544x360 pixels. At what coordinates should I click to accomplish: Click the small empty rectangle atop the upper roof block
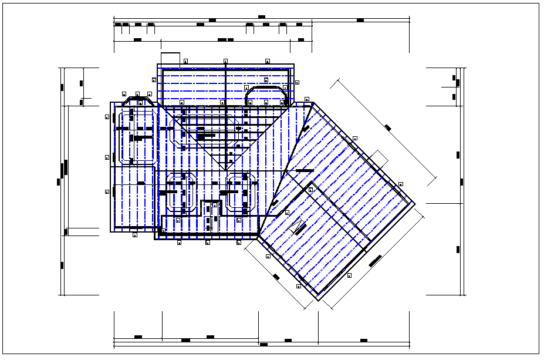[x=170, y=58]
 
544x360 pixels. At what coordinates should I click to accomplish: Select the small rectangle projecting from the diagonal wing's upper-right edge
[x=379, y=159]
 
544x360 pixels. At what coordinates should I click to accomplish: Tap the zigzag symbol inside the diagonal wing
[x=298, y=226]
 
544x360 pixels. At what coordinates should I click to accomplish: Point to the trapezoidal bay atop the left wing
[x=140, y=101]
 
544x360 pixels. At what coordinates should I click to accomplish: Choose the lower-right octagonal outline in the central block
[x=241, y=192]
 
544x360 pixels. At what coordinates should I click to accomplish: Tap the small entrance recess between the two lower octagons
[x=211, y=215]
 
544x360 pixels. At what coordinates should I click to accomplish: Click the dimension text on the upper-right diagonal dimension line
[x=388, y=127]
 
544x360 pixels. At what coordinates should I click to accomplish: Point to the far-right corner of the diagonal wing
[x=415, y=204]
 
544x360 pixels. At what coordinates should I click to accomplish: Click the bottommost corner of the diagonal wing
[x=318, y=300]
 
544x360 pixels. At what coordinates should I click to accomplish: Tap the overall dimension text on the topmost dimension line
[x=261, y=17]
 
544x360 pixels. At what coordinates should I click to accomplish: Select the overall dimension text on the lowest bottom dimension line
[x=263, y=344]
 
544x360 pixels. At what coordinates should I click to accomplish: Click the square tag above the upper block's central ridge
[x=225, y=60]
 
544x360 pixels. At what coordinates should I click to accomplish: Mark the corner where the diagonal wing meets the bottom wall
[x=258, y=236]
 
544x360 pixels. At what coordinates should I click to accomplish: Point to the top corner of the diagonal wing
[x=312, y=104]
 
